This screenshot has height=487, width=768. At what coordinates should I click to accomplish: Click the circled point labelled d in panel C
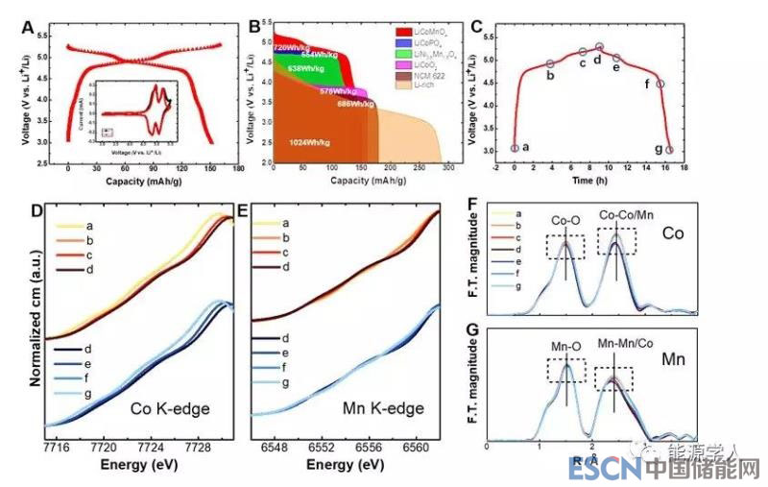(599, 46)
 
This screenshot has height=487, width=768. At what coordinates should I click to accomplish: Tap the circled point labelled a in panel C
(515, 148)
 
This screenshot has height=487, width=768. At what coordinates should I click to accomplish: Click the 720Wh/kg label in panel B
(289, 47)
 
